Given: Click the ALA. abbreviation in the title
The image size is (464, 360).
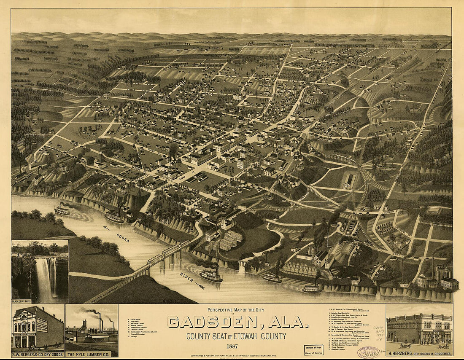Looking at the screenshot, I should [x=288, y=322].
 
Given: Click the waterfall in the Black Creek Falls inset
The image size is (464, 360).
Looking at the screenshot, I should [x=44, y=279].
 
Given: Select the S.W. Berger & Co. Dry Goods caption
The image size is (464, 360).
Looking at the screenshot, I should [x=38, y=355].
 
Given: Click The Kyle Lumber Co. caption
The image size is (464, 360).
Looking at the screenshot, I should [x=92, y=355].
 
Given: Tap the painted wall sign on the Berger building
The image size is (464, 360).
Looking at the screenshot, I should [x=42, y=325].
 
